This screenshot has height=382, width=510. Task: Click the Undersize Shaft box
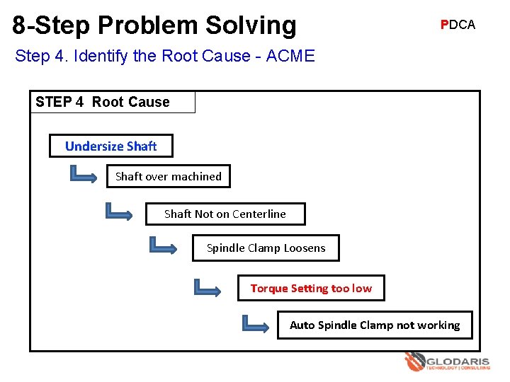pos(111,146)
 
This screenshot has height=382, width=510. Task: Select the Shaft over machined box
pos(169,176)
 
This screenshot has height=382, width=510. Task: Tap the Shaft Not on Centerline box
pos(225,214)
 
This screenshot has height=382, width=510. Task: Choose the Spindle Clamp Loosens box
pos(266,248)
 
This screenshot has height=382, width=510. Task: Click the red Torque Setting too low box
pos(311,288)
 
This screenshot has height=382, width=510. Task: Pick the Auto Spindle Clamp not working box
pos(374,325)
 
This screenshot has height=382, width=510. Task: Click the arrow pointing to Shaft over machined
pos(84,174)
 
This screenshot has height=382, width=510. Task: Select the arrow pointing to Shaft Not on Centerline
pos(118,211)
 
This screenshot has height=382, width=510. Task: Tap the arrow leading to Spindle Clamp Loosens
pos(164,245)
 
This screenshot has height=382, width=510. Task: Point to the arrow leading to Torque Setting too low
pos(208,286)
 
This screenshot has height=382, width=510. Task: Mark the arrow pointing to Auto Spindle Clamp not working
pos(256,324)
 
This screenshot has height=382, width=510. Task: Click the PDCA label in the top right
pos(458,25)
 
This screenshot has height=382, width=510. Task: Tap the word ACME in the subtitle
pos(290,56)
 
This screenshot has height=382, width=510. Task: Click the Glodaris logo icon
pos(414,362)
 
